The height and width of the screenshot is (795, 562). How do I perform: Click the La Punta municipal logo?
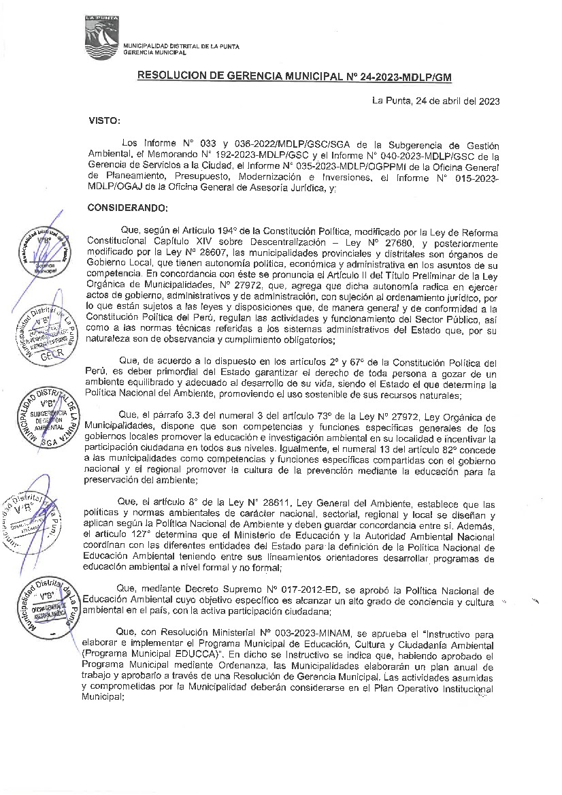tap(101, 37)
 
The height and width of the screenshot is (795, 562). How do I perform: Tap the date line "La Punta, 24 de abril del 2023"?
tap(436, 101)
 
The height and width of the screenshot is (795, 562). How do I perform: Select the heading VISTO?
tap(104, 120)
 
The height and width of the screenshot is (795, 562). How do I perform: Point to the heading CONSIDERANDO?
tap(127, 207)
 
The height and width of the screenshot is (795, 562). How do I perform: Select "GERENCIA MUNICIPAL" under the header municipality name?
tap(154, 52)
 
